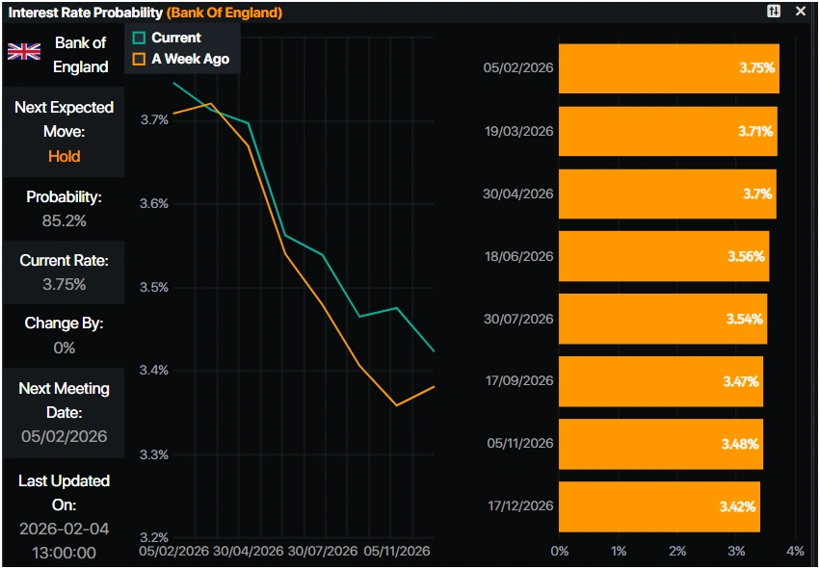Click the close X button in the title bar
(x=800, y=12)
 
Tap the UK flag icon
(x=24, y=52)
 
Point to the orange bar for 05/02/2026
(x=669, y=68)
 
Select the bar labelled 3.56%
(x=664, y=256)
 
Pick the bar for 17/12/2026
(x=659, y=506)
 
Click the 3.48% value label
(x=740, y=444)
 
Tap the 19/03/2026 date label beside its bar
(x=518, y=131)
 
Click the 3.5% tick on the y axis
(x=154, y=287)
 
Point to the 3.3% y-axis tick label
(x=154, y=453)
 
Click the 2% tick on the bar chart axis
(x=677, y=552)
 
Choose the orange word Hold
(x=64, y=156)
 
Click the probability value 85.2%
(x=64, y=220)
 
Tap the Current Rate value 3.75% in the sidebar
(x=64, y=284)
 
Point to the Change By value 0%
(x=64, y=348)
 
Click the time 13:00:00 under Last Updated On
(x=64, y=552)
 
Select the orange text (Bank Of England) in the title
(x=225, y=13)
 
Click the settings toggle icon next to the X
(x=774, y=12)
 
